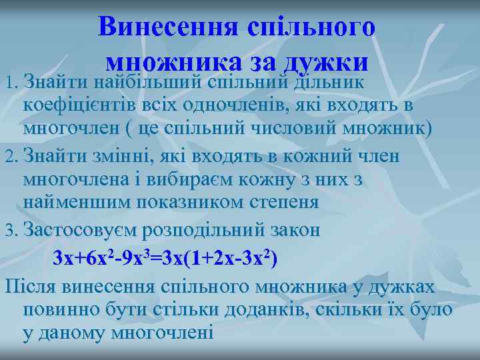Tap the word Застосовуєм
pyautogui.click(x=83, y=230)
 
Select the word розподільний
pyautogui.click(x=211, y=230)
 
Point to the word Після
pyautogui.click(x=31, y=287)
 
